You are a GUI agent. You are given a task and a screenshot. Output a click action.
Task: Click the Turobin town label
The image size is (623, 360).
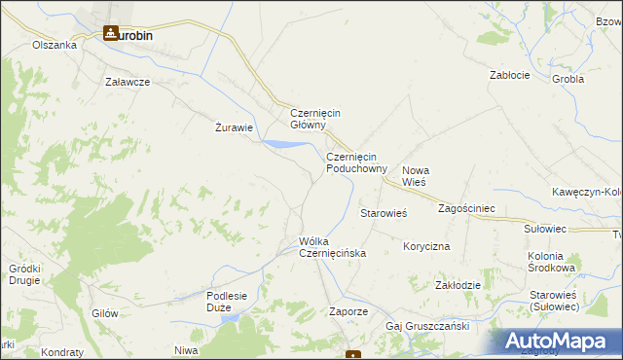135,33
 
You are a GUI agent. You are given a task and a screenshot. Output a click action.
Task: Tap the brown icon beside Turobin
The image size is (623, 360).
111,33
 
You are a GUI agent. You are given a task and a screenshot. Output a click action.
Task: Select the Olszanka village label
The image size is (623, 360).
54,45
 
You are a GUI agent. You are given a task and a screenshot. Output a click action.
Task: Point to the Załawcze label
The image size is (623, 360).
128,82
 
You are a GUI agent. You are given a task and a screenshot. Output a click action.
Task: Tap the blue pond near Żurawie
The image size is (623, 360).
280,145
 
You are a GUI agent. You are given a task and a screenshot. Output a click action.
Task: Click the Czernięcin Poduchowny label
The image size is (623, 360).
356,162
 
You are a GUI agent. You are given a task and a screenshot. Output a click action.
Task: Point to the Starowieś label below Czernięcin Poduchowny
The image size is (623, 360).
383,212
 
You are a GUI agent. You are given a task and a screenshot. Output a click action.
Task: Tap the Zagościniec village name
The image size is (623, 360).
467,208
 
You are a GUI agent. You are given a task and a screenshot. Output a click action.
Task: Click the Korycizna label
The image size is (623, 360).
426,247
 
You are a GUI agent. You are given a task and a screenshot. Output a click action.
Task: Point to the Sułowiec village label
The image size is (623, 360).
545,229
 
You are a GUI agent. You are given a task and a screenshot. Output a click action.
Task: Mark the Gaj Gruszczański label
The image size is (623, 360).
427,326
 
